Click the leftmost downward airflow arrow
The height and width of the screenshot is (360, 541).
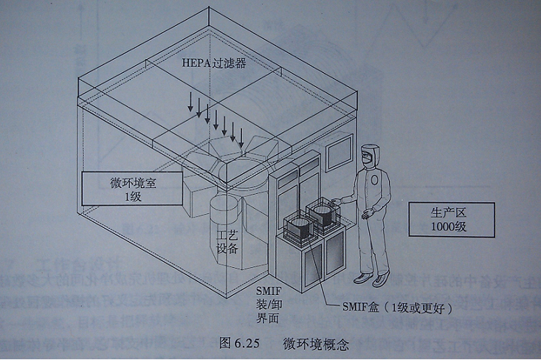[x=190, y=103]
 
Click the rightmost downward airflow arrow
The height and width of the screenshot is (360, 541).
[x=243, y=136]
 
